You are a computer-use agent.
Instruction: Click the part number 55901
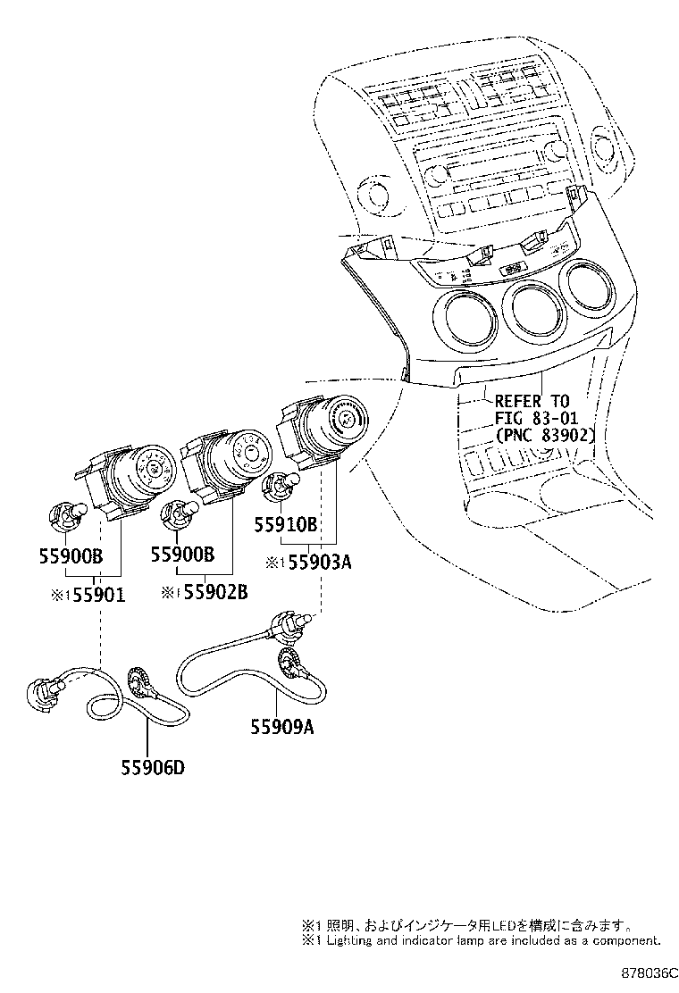pos(97,594)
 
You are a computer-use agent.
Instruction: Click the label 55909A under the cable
pos(282,726)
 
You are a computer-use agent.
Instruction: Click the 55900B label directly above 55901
pos(71,555)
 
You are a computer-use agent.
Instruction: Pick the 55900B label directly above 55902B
pos(183,555)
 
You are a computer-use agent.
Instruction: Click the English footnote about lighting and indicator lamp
pos(482,940)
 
